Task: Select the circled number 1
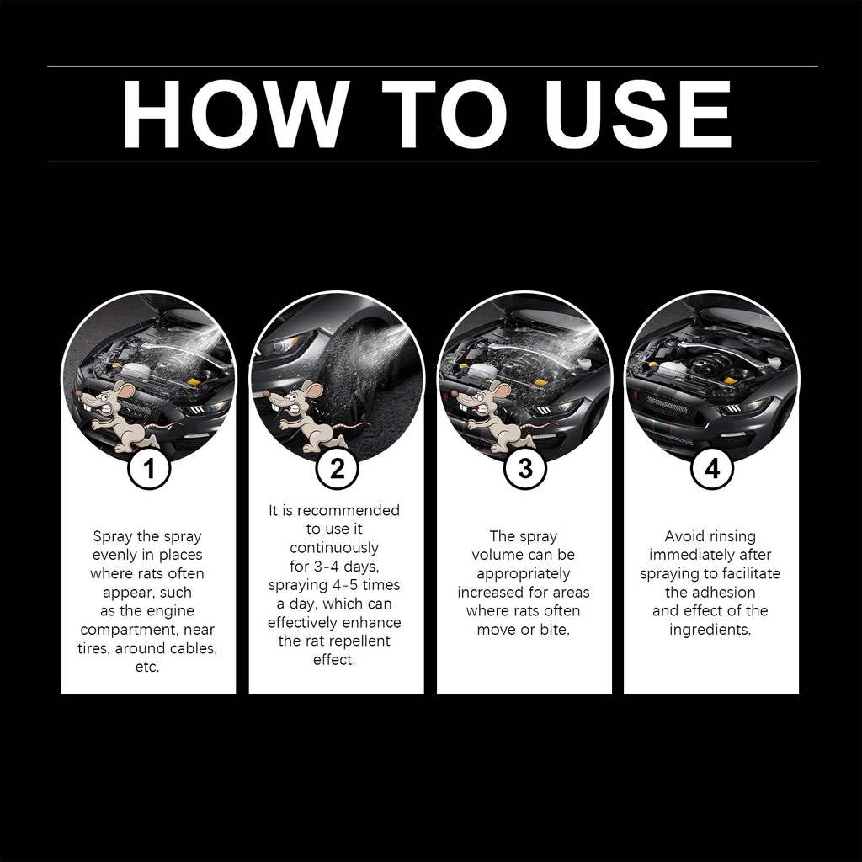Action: click(x=149, y=468)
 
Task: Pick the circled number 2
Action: click(x=337, y=468)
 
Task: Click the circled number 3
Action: click(x=525, y=468)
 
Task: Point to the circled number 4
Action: click(x=712, y=468)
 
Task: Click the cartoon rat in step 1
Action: click(x=122, y=418)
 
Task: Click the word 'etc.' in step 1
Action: click(x=147, y=667)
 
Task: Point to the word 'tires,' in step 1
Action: click(x=93, y=648)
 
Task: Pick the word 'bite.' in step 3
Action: click(x=555, y=630)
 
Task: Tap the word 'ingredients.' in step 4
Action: click(x=710, y=630)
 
